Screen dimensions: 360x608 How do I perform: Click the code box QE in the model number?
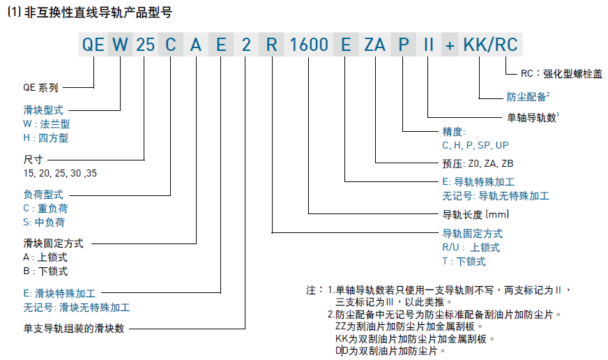click(x=93, y=45)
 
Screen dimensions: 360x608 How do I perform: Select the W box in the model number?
click(x=121, y=45)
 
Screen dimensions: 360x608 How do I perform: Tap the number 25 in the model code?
click(x=145, y=45)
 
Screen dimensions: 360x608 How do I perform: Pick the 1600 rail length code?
click(x=308, y=45)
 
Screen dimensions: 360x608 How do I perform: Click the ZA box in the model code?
click(x=375, y=45)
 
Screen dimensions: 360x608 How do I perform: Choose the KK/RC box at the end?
click(x=491, y=45)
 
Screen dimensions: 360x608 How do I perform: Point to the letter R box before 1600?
click(x=272, y=45)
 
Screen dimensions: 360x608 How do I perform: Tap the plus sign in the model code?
click(x=450, y=45)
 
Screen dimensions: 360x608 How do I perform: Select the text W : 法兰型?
click(x=47, y=123)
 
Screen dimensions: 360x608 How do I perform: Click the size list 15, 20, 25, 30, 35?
click(x=60, y=172)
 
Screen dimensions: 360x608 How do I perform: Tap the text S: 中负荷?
click(x=45, y=223)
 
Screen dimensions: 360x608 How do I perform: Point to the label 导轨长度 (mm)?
click(x=477, y=213)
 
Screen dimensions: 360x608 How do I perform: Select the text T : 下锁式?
click(x=464, y=262)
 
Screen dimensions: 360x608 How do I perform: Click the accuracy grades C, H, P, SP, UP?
click(x=476, y=146)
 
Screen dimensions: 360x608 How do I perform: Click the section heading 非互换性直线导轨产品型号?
click(x=98, y=12)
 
